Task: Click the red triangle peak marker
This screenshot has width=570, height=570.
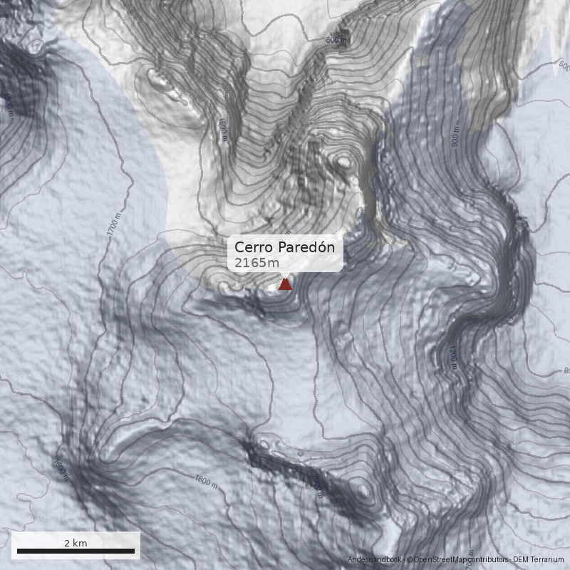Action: pos(285,284)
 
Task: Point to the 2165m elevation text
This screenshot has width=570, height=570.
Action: pos(257,263)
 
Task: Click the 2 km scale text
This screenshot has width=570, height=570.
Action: pos(76,543)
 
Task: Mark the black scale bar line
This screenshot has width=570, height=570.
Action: pos(76,551)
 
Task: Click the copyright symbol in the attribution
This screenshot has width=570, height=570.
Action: pos(409,560)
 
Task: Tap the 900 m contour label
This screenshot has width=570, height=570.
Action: pos(456,135)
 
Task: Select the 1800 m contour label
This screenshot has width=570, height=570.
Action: pos(205,482)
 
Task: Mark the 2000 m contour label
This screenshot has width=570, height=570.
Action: pos(317,484)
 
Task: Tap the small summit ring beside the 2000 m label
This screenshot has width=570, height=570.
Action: pos(365,490)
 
